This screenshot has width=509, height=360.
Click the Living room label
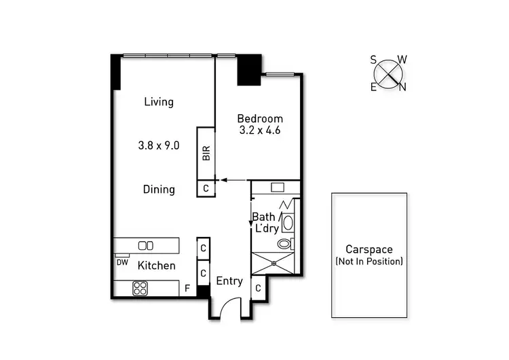click(x=159, y=102)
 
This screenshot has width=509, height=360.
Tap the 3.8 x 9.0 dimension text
click(x=159, y=145)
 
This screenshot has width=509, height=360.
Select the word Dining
click(x=159, y=190)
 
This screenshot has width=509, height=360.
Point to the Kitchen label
click(x=157, y=266)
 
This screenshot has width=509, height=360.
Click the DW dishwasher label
click(x=122, y=262)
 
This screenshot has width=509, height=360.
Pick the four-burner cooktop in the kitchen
click(x=140, y=289)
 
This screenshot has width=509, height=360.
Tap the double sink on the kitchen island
click(x=145, y=245)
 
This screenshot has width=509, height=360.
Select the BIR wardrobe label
click(x=206, y=154)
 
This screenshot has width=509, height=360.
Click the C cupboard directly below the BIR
click(x=206, y=189)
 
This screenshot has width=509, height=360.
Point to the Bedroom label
click(x=260, y=118)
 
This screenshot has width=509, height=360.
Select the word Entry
click(x=229, y=281)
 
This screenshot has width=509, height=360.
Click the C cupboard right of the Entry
click(x=258, y=289)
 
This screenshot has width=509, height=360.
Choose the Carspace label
click(x=369, y=249)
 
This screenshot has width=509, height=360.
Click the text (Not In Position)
click(x=369, y=261)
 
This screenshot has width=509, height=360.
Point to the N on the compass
click(x=402, y=86)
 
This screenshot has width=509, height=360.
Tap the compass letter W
click(x=402, y=60)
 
